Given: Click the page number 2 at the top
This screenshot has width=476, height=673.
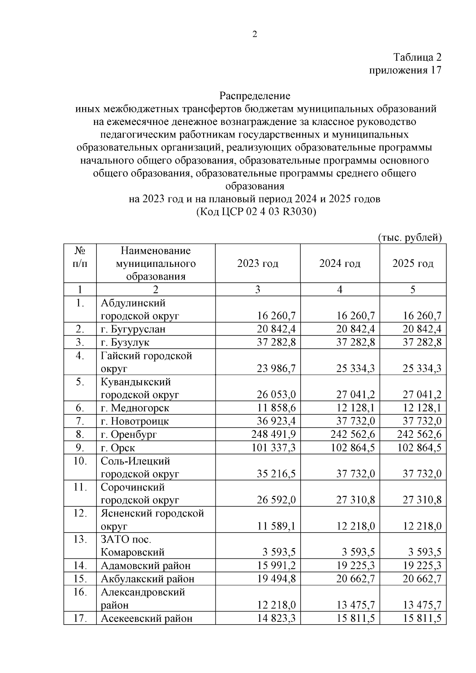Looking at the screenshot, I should tap(255, 35).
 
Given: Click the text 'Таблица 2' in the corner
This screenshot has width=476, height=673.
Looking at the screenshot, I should tap(417, 57).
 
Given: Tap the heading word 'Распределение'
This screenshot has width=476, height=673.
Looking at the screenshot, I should tap(255, 96).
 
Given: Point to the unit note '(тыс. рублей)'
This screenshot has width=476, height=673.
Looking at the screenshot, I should tap(410, 237).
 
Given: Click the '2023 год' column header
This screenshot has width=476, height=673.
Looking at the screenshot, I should tap(258, 264).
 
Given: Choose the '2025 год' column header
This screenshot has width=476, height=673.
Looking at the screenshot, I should tap(413, 264).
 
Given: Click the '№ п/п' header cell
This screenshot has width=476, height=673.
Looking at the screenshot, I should tap(80, 257).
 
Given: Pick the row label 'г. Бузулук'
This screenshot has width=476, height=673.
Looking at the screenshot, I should tap(125, 342).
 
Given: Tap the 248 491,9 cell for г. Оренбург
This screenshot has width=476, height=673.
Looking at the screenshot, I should tap(274, 434).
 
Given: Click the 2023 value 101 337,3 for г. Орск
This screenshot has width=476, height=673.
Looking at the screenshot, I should tap(274, 448).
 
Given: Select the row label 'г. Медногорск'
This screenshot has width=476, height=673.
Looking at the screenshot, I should tap(135, 408).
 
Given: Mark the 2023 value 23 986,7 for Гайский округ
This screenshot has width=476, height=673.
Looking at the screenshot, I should tap(276, 369).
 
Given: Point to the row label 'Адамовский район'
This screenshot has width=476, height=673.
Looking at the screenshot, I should tap(146, 566).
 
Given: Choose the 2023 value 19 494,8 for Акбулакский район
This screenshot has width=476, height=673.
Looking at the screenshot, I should tap(276, 579).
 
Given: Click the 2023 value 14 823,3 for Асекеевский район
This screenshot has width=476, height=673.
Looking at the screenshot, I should tap(276, 618).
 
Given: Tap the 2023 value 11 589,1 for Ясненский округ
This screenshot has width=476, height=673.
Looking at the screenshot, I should tap(276, 526).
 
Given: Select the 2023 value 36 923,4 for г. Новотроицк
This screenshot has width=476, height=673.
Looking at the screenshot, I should tap(276, 421).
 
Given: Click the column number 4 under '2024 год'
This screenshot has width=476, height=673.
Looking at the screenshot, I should tap(340, 290).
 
